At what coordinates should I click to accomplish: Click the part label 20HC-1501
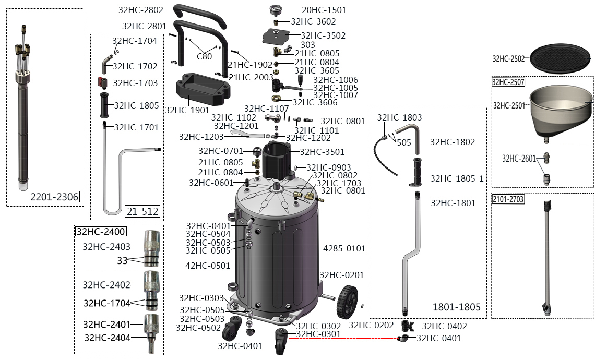324,10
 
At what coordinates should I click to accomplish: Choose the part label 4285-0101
345,248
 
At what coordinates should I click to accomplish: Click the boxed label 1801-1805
456,307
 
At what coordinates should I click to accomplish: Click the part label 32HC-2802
141,10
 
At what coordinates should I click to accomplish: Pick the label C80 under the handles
204,57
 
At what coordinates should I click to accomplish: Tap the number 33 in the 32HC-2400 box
122,260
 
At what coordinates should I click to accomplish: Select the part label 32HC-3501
322,152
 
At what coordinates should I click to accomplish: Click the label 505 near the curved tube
403,142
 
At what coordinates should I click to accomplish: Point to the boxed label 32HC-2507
508,82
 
